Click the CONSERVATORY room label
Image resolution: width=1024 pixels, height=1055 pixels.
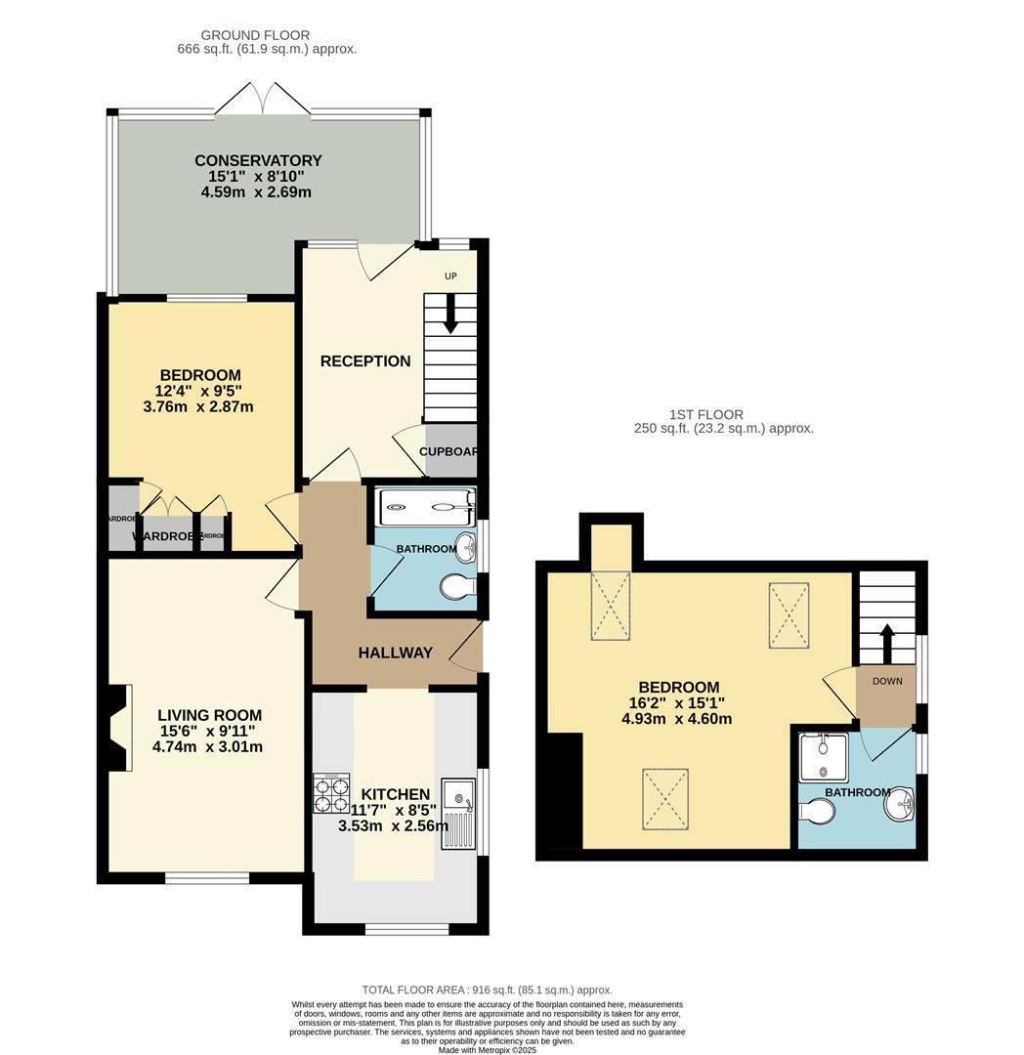click(x=258, y=160)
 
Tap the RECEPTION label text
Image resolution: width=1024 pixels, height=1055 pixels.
click(x=365, y=361)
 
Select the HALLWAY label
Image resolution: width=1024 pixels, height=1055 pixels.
click(x=395, y=653)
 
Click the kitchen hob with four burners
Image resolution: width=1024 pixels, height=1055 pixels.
click(x=331, y=792)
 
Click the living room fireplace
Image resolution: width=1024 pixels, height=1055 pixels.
click(x=117, y=728)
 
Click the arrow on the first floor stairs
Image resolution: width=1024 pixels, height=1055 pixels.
click(x=887, y=643)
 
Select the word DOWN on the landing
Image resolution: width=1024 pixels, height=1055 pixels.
click(x=887, y=681)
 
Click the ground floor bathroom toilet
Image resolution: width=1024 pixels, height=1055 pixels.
click(x=457, y=587)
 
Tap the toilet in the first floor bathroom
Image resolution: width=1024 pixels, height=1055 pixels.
click(x=816, y=813)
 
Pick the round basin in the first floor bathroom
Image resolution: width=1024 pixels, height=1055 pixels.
click(x=898, y=806)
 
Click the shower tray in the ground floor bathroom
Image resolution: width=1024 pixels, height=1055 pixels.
click(x=426, y=504)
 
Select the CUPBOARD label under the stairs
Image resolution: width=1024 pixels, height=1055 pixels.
click(x=448, y=451)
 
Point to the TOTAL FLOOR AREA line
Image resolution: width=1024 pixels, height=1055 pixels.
click(x=487, y=989)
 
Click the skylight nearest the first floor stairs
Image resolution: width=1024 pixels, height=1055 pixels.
click(x=789, y=615)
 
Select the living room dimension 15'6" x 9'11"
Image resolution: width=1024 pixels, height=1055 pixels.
click(x=210, y=731)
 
